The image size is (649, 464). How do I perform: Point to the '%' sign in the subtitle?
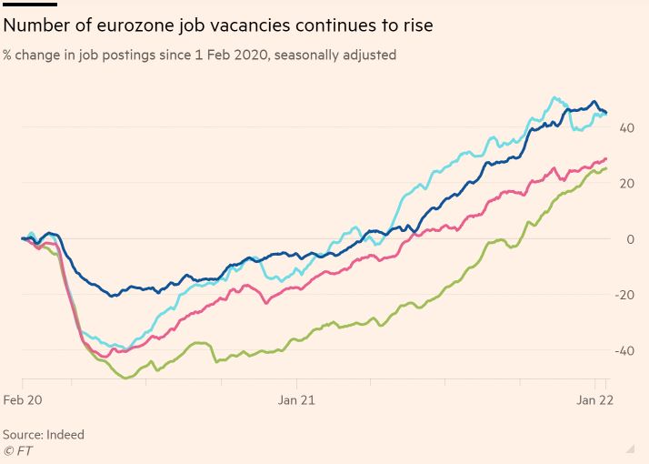pyautogui.click(x=8, y=55)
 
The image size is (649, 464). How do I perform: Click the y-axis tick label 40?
pyautogui.click(x=627, y=127)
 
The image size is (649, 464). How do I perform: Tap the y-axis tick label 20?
pyautogui.click(x=627, y=183)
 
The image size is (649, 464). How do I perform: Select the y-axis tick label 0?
pyautogui.click(x=630, y=239)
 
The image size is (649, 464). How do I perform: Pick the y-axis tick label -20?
pyautogui.click(x=625, y=295)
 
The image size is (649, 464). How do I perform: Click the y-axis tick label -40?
pyautogui.click(x=625, y=350)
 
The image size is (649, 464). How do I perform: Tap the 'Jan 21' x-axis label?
pyautogui.click(x=297, y=400)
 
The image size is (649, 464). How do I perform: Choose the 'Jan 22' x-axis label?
pyautogui.click(x=594, y=400)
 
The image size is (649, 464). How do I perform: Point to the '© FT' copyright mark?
pyautogui.click(x=17, y=449)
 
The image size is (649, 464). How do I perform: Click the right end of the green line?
pyautogui.click(x=606, y=167)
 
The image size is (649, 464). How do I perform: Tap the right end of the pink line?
pyautogui.click(x=606, y=159)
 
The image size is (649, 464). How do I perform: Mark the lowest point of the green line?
pyautogui.click(x=125, y=378)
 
